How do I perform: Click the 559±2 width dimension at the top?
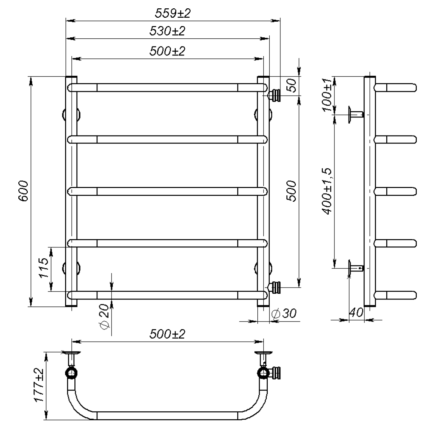[x=173, y=13]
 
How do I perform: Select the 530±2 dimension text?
[x=167, y=31]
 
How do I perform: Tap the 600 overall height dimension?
[x=23, y=191]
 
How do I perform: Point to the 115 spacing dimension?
[x=44, y=268]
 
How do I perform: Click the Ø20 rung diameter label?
[x=104, y=317]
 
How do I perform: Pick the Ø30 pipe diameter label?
[x=284, y=313]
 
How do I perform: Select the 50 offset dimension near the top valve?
[x=292, y=85]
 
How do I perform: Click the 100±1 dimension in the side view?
[x=327, y=95]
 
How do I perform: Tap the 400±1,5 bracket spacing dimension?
[x=327, y=191]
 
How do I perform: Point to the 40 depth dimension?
[x=356, y=312]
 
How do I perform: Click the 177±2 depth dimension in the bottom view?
[x=39, y=385]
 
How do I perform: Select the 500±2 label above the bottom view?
[x=167, y=334]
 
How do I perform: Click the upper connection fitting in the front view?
[x=274, y=95]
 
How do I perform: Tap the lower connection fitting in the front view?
[x=274, y=287]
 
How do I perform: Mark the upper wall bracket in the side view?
[x=356, y=115]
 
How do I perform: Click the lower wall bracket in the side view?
[x=356, y=268]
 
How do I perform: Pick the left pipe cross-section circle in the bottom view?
[x=71, y=373]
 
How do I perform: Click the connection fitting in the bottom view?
[x=275, y=373]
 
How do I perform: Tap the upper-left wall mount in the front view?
[x=71, y=115]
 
